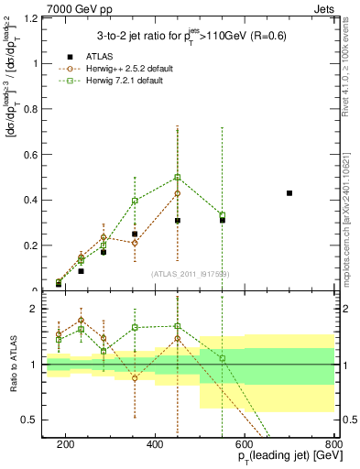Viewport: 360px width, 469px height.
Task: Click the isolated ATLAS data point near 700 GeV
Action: [x=289, y=193]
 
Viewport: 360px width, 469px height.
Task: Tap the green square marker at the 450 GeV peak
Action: [x=178, y=177]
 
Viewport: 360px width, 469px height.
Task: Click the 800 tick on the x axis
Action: [x=333, y=443]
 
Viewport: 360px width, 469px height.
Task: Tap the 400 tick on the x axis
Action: [x=155, y=443]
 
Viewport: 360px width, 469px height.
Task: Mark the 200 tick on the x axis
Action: [x=66, y=443]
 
